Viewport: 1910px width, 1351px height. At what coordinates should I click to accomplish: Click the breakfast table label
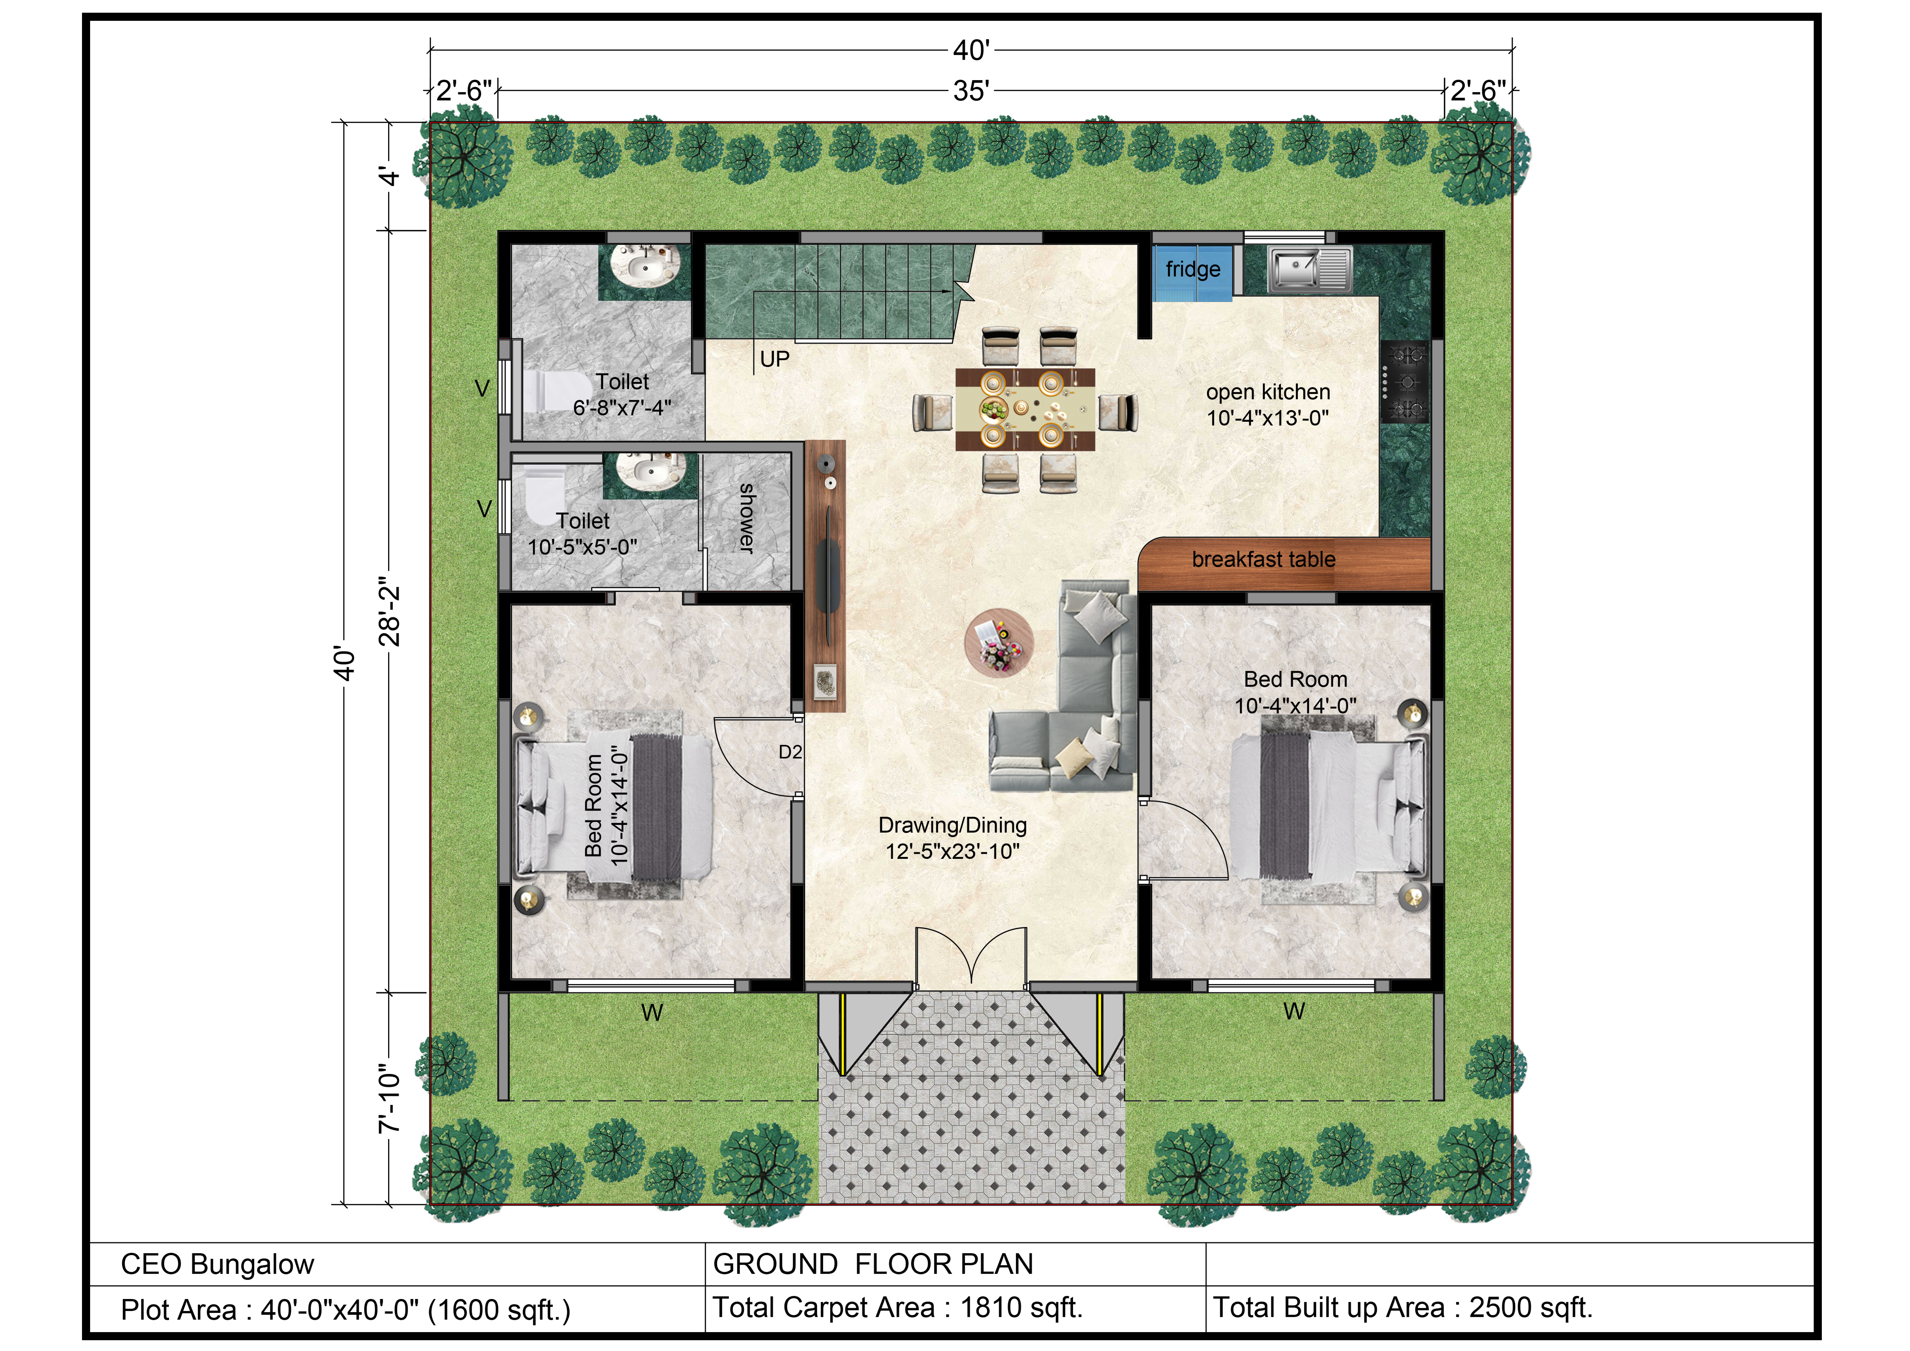(x=1264, y=560)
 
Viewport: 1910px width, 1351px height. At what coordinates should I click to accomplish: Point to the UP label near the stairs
(x=775, y=359)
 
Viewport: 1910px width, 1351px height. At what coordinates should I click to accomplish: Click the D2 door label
(x=790, y=752)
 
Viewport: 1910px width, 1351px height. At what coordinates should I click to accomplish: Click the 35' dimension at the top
(x=971, y=91)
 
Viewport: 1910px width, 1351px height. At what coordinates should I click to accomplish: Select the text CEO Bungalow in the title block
(x=217, y=1264)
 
